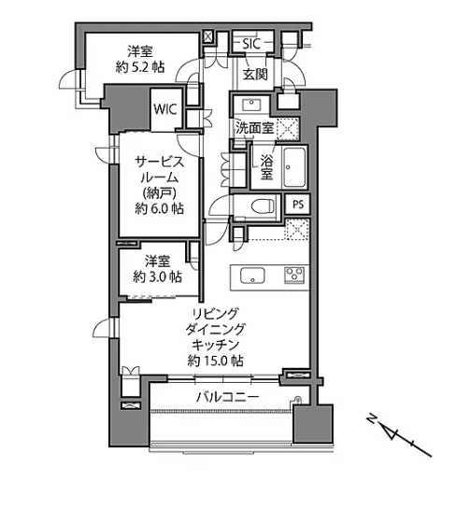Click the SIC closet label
click(251, 44)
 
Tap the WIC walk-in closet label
click(165, 109)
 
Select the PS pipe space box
click(297, 205)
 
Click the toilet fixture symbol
click(263, 206)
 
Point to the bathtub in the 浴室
click(294, 167)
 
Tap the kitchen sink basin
click(252, 276)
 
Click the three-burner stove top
click(294, 276)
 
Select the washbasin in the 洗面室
click(251, 104)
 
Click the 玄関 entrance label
click(255, 75)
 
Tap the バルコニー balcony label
click(227, 397)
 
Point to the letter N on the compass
click(371, 418)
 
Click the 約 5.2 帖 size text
click(140, 67)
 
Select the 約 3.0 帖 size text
click(158, 276)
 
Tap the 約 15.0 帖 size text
click(215, 361)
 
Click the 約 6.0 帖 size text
click(159, 208)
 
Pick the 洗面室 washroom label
click(254, 128)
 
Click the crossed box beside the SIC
click(207, 37)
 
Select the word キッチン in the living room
click(216, 345)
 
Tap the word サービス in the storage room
click(160, 162)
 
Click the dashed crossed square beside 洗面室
click(287, 129)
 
